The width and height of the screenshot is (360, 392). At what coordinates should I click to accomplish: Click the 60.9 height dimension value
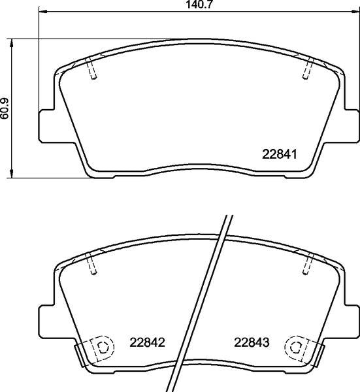(x=6, y=108)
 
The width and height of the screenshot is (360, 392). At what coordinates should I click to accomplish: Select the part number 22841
(x=280, y=155)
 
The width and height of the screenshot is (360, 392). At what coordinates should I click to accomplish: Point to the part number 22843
(x=252, y=342)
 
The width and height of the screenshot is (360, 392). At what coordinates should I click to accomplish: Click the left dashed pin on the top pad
(x=91, y=69)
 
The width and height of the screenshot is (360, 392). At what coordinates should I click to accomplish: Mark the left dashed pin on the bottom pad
(x=91, y=264)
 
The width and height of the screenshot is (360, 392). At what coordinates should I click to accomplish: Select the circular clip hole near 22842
(x=101, y=346)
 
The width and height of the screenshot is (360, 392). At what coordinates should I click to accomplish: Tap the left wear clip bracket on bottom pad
(x=79, y=356)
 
